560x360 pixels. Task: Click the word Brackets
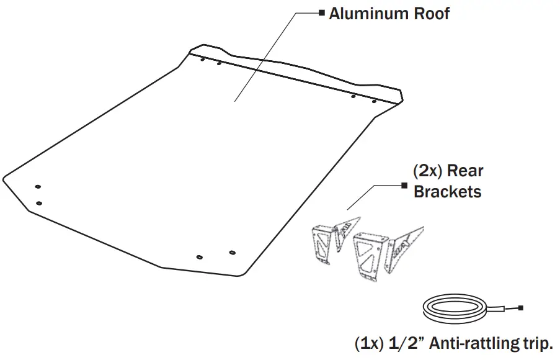447,191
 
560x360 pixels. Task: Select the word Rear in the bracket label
465,171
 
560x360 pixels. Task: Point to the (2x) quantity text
428,171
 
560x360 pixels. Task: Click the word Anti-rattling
474,343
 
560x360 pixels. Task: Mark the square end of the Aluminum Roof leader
321,12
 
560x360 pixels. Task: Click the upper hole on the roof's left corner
38,187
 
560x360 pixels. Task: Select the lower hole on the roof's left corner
39,202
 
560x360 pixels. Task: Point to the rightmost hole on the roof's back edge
374,101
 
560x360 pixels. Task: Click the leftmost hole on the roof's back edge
202,60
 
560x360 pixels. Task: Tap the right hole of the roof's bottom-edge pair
232,253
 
